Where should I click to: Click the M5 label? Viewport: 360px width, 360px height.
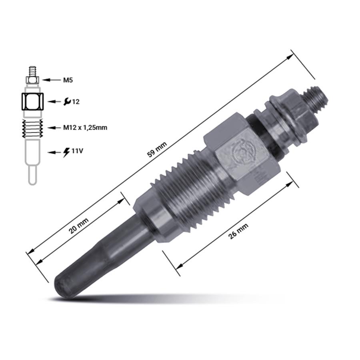point(68,80)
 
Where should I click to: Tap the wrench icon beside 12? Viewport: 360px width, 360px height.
point(67,102)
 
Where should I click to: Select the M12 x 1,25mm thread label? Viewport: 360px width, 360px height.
point(85,128)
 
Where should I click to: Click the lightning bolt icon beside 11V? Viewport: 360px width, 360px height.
point(66,152)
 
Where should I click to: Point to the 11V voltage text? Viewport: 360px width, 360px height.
point(77,151)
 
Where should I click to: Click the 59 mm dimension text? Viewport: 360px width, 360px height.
point(157,150)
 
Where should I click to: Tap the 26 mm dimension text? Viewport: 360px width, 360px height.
point(238,231)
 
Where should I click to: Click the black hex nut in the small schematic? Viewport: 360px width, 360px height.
point(33,102)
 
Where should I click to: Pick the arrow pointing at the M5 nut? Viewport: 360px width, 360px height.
point(51,80)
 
